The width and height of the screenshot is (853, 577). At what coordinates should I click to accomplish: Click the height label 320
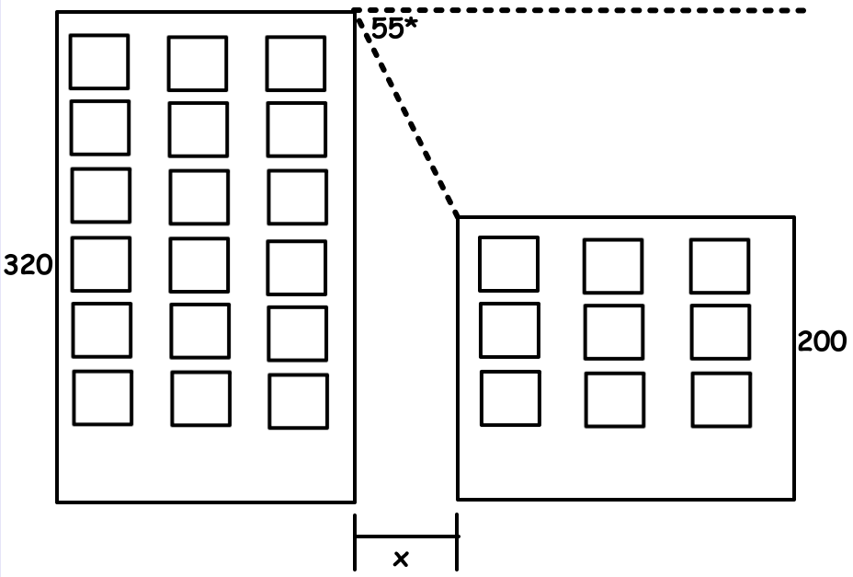(28, 266)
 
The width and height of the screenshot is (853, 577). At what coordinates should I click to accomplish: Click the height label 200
(822, 341)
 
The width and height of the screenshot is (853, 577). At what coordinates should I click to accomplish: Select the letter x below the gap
(401, 558)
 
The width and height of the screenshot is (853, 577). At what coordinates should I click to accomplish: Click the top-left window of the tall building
(99, 62)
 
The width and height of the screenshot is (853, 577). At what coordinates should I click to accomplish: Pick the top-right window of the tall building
(296, 63)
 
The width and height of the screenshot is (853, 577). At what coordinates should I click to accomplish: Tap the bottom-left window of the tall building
(103, 398)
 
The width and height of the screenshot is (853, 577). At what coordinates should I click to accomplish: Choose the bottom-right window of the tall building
(299, 401)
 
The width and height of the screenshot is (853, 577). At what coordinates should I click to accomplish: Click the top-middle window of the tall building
(197, 63)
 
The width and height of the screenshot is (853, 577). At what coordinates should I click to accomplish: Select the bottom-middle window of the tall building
(200, 398)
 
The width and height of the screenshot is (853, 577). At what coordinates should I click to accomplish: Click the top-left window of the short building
(509, 264)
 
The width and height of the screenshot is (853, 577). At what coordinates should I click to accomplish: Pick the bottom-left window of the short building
(510, 398)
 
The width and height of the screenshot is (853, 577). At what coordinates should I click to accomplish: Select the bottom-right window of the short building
(722, 399)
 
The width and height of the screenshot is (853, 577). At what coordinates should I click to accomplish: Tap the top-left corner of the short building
(458, 217)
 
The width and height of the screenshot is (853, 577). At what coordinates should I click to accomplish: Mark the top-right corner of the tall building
(354, 12)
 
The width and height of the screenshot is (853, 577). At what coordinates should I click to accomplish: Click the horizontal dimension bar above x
(405, 537)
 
